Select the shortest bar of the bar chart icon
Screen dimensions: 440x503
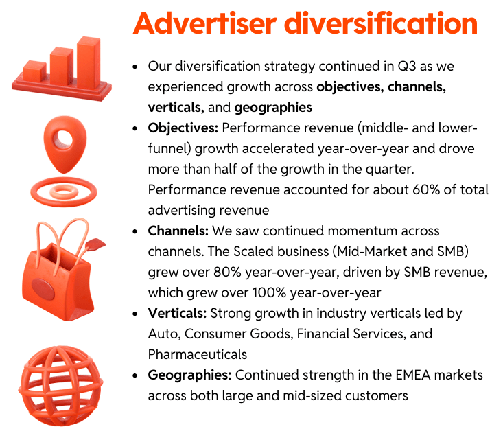click(x=34, y=70)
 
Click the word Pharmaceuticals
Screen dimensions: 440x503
click(x=197, y=354)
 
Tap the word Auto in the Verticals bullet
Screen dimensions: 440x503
click(x=162, y=334)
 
